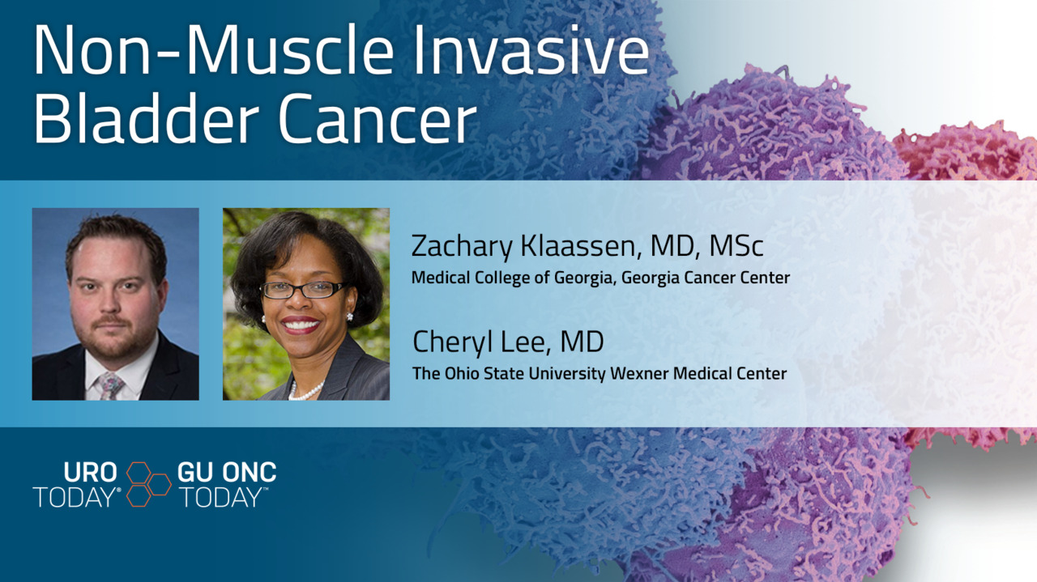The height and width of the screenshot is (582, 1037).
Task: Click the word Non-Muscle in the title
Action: pyautogui.click(x=214, y=50)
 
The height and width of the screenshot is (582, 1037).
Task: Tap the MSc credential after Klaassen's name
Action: pyautogui.click(x=736, y=245)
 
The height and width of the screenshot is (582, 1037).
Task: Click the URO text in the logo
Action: pyautogui.click(x=90, y=473)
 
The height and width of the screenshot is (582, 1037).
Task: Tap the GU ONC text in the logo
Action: pyautogui.click(x=227, y=473)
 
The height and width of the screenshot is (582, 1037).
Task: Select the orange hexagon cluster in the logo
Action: pyautogui.click(x=148, y=484)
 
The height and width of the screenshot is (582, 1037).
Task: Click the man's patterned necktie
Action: pyautogui.click(x=109, y=386)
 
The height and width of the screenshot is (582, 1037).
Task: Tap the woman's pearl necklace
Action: pyautogui.click(x=305, y=392)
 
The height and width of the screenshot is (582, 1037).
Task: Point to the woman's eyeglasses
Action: pyautogui.click(x=303, y=290)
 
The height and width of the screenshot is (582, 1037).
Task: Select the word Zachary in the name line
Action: pyautogui.click(x=462, y=247)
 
